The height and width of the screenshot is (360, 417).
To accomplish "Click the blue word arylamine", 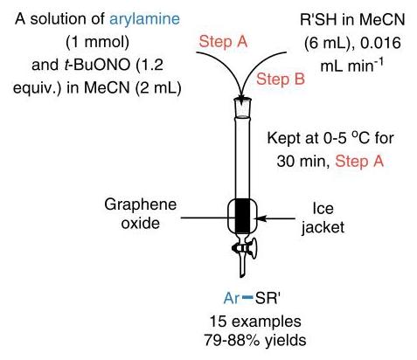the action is click(144, 19).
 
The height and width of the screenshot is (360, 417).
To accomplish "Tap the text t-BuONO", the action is click(97, 65).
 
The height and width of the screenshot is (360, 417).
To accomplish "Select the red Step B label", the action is click(281, 79).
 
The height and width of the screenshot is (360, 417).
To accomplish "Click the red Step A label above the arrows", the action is click(223, 41).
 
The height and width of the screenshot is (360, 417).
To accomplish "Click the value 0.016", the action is click(380, 43).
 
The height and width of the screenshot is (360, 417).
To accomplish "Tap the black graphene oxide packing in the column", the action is click(242, 216).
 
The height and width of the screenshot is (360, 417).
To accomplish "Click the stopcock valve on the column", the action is click(246, 248).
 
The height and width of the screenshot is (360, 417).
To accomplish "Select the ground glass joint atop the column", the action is click(242, 107).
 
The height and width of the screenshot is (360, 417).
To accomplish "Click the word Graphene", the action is click(141, 204).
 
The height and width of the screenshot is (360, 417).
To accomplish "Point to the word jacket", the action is click(323, 227).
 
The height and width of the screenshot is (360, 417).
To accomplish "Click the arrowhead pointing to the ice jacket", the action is click(260, 218).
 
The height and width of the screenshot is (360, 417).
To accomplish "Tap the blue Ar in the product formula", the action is click(232, 298).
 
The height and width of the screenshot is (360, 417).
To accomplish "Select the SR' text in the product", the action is click(268, 298).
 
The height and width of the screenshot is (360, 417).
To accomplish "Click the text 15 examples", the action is click(255, 322).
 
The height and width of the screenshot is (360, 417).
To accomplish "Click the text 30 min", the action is click(302, 161).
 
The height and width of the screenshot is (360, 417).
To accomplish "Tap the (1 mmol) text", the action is click(97, 42).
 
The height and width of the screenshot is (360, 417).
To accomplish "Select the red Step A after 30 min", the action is click(359, 161).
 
